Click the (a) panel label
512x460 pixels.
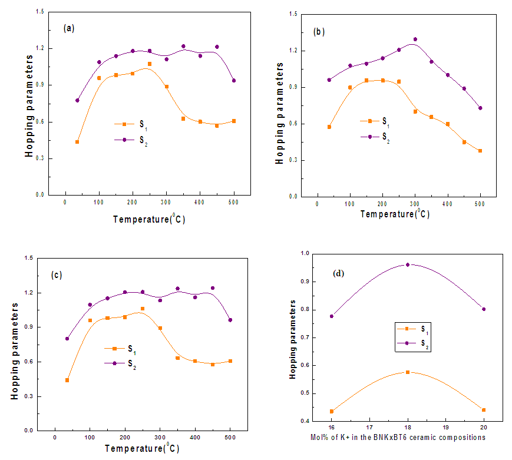(x=69, y=28)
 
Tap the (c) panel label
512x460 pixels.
(x=57, y=275)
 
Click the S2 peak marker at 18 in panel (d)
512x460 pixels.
(x=407, y=264)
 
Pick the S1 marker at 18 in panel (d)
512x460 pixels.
(x=407, y=372)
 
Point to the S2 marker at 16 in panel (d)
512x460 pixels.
(x=331, y=316)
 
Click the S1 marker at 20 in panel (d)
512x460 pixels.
(x=484, y=410)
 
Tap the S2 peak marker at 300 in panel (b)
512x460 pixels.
(x=415, y=39)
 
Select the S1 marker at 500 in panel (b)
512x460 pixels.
(x=480, y=151)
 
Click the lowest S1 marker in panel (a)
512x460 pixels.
(x=77, y=142)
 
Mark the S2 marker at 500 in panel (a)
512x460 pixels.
(x=234, y=81)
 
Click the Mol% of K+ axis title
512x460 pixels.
(x=398, y=438)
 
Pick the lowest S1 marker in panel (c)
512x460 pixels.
(x=67, y=380)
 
